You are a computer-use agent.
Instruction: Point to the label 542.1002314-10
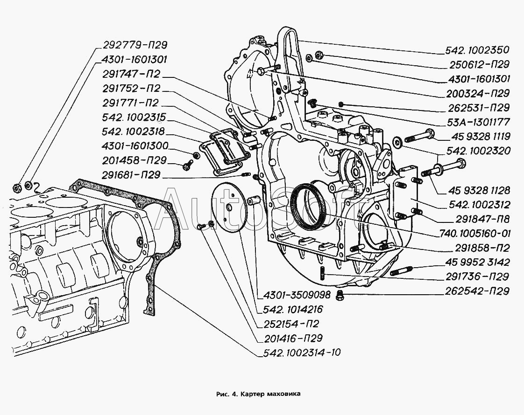299,353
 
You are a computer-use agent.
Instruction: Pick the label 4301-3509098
296,295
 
